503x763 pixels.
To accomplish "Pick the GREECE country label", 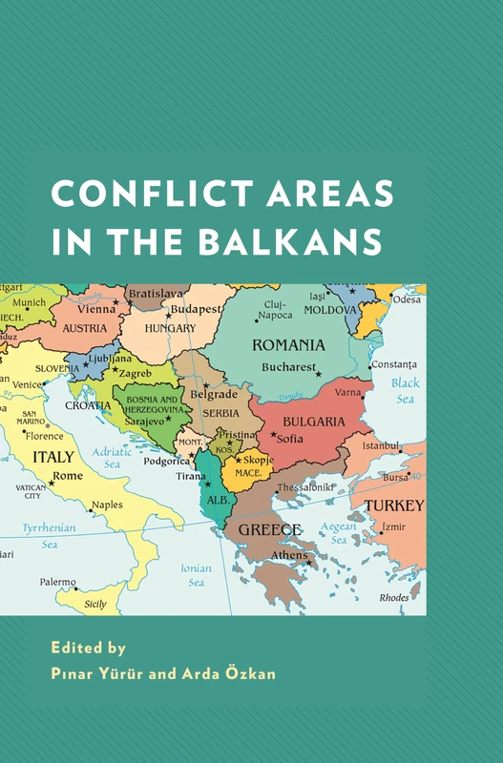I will tap(270, 529).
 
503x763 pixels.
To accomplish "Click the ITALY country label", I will tap(53, 457).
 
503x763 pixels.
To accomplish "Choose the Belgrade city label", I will tap(212, 393).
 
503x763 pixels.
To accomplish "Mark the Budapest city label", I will tap(197, 309).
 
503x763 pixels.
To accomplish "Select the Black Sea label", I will tap(406, 391).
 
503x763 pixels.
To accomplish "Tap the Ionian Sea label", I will tap(196, 575).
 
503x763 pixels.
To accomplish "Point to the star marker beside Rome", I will tap(51, 483).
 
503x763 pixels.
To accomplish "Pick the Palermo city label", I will tap(58, 582).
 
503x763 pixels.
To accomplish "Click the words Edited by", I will tap(88, 648).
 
